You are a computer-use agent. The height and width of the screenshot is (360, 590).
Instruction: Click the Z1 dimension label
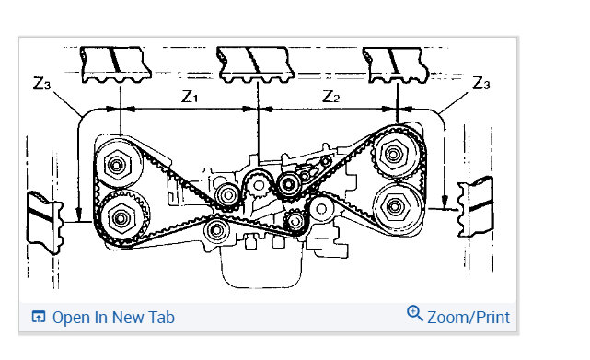coord(190,97)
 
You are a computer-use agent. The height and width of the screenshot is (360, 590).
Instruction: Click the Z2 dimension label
coord(331,97)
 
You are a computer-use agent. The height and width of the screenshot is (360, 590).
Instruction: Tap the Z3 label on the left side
coord(41,83)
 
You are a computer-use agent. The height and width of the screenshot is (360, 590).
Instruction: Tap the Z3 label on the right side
coord(481,83)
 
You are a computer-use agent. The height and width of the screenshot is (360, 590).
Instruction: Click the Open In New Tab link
coord(113,317)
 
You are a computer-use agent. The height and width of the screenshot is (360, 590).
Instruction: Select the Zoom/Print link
coord(469,317)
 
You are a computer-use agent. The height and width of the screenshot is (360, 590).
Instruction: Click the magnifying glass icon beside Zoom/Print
coord(414,313)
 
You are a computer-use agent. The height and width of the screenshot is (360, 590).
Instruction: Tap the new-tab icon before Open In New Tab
coord(39,317)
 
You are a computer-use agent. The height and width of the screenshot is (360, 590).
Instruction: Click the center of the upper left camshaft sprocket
coord(116,165)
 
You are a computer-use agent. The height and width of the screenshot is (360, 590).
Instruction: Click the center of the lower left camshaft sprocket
coord(121,217)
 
